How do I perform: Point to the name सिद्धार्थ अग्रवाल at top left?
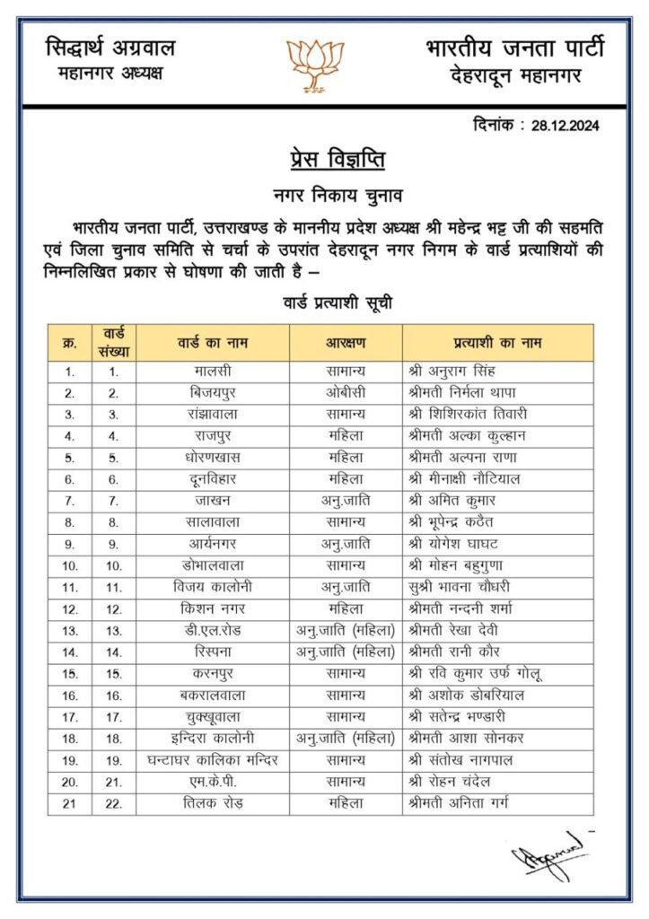point(110,48)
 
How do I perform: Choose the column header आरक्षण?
point(346,343)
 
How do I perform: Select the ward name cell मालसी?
point(212,371)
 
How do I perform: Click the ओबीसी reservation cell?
point(346,392)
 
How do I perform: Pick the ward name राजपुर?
point(212,435)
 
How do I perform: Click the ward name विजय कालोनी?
point(212,587)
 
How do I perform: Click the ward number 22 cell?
point(114,803)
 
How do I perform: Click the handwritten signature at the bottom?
point(548,857)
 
